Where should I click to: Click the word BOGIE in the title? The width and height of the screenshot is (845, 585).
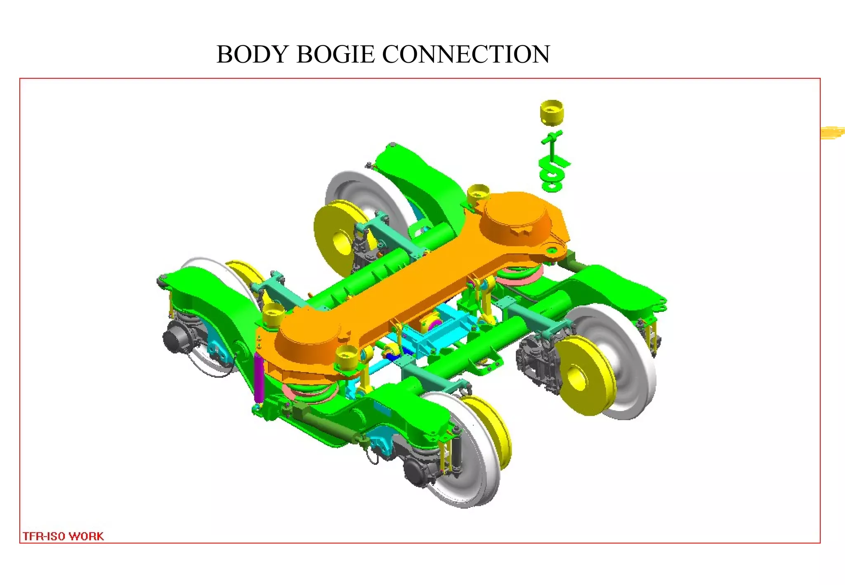pyautogui.click(x=335, y=54)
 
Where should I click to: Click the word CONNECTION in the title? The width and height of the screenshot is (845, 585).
pyautogui.click(x=466, y=54)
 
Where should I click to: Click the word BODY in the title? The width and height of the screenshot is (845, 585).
pyautogui.click(x=252, y=54)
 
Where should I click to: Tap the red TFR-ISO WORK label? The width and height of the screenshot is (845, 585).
pyautogui.click(x=63, y=536)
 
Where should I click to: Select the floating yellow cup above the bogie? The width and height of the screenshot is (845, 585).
pyautogui.click(x=551, y=112)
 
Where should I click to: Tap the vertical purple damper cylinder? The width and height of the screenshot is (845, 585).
pyautogui.click(x=259, y=377)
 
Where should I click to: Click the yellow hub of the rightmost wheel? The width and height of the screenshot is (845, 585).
pyautogui.click(x=578, y=376)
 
